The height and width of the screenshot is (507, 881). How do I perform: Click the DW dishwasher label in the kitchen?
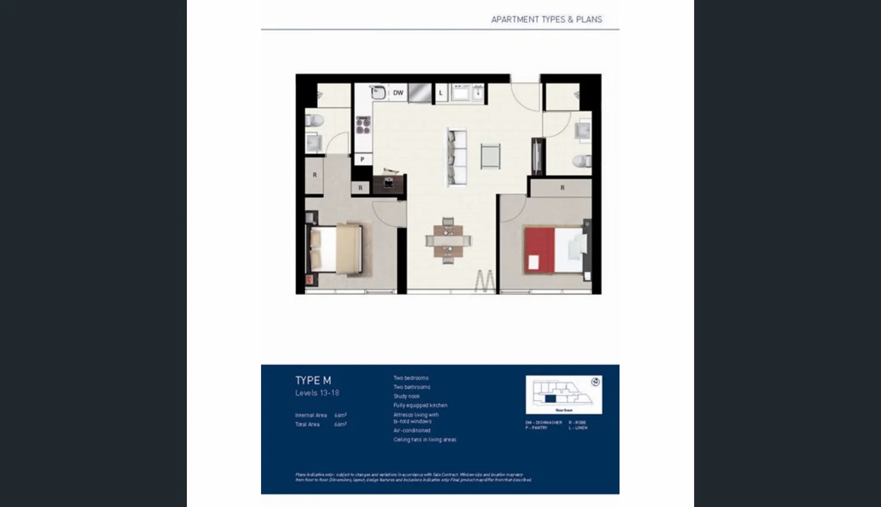[398, 93]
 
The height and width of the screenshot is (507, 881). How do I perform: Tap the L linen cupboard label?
[440, 93]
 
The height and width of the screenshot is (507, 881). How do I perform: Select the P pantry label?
[362, 160]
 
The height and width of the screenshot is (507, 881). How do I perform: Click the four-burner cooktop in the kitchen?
[363, 125]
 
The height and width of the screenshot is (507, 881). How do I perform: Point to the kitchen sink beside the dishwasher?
[378, 92]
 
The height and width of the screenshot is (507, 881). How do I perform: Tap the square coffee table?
[490, 156]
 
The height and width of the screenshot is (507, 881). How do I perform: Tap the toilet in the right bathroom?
[582, 161]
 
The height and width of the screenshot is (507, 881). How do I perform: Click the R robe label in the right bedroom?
[562, 188]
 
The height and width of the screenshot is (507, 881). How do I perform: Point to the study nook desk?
[388, 183]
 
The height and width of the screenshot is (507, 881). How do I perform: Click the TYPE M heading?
[313, 381]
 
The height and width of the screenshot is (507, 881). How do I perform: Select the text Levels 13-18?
[317, 393]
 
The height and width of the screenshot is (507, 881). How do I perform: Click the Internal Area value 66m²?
[340, 415]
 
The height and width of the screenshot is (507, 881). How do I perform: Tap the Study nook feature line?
[407, 396]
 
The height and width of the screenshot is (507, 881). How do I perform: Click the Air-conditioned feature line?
[412, 430]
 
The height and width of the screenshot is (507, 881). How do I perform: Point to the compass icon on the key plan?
[595, 382]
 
